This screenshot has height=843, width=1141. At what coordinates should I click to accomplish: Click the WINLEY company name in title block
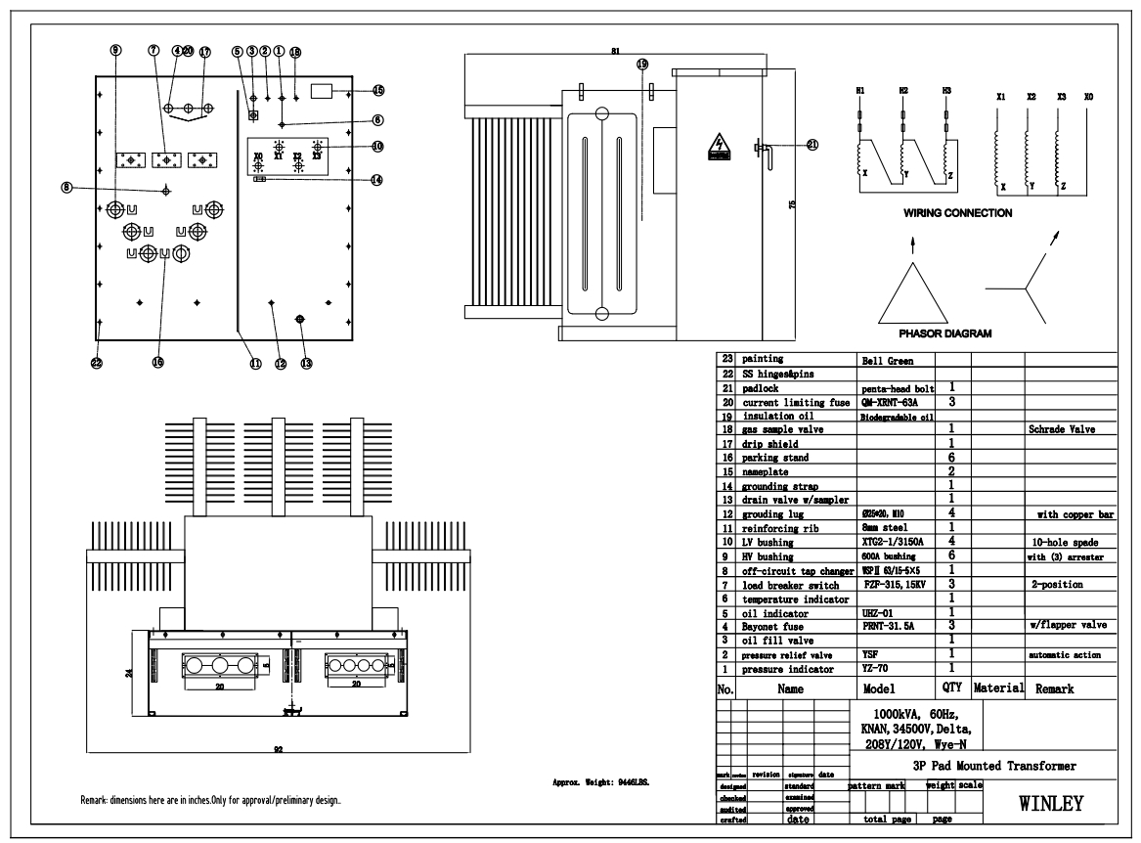pos(1051,805)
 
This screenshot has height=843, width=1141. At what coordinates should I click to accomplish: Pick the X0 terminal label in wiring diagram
pos(1089,98)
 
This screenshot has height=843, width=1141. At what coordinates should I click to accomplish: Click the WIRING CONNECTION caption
pos(957,212)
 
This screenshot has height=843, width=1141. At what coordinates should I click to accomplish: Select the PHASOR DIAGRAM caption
pos(944,333)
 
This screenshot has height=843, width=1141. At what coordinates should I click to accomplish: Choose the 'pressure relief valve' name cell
pos(787,655)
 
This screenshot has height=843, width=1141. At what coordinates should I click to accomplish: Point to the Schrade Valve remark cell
pos(1060,429)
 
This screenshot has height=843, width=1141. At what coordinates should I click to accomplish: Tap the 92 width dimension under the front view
pos(278,751)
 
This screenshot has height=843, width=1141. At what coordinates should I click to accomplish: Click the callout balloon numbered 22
pos(96,363)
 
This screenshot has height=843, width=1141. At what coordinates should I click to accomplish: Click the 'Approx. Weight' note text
pos(600,783)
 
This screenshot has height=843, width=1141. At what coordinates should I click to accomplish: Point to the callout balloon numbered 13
pos(306,363)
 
